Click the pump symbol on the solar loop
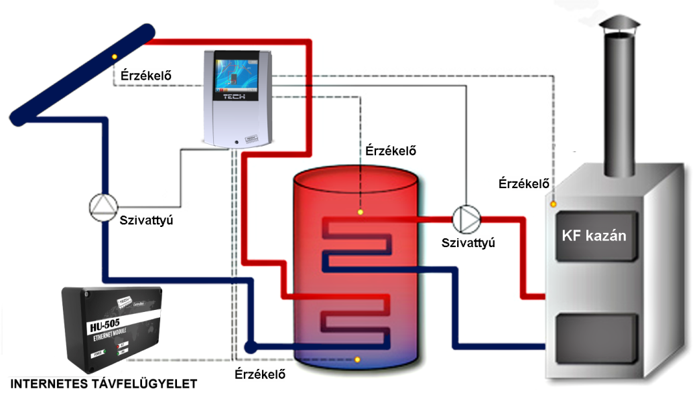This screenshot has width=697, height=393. pos(104,208)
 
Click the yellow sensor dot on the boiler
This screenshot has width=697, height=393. pos(553,204)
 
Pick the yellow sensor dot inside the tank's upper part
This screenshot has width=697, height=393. pos(361,213)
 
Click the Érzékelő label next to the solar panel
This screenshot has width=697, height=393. pos(145,75)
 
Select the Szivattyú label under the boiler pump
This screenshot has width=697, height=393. pos(468,242)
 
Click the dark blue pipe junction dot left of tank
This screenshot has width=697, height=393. pos(251,347)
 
